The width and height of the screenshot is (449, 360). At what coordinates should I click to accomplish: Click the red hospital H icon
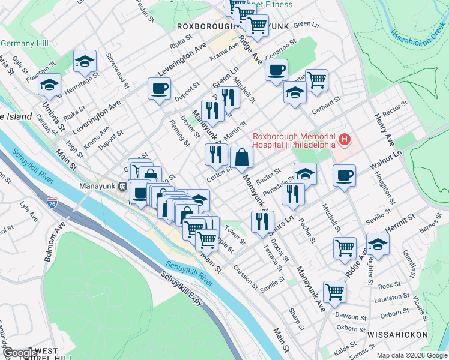pos(345,140)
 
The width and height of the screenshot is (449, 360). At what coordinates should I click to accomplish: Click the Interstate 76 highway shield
pos(52,203)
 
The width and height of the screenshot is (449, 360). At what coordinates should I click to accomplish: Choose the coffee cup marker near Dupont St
pos(160,89)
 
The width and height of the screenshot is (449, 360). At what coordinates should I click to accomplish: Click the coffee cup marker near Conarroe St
pos(276,70)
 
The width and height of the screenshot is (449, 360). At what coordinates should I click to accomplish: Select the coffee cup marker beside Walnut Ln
pos(345,175)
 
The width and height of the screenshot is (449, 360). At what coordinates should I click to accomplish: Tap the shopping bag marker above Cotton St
pos(241,157)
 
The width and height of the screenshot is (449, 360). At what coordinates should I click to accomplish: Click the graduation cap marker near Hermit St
pos(378,244)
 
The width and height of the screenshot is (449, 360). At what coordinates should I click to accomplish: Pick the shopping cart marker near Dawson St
pos(334,292)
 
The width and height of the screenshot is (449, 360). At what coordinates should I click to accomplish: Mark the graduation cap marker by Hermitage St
pos(85,60)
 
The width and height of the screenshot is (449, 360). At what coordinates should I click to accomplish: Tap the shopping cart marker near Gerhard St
pos(316,79)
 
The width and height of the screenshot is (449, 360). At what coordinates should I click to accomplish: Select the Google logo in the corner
pos(20,353)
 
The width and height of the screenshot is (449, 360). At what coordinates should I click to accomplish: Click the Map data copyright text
pos(411,355)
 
